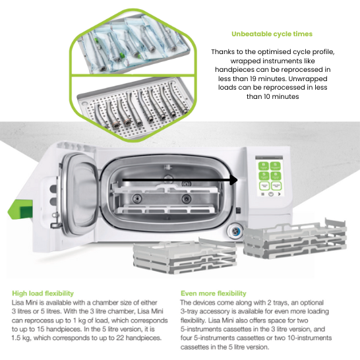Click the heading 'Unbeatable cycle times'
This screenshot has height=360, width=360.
(272, 34)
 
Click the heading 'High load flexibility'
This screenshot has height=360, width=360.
(43, 293)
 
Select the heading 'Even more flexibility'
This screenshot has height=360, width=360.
(213, 293)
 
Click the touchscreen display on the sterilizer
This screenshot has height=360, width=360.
(269, 176)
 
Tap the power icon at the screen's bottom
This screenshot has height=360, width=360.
(271, 194)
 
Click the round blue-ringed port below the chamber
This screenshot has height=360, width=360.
(235, 231)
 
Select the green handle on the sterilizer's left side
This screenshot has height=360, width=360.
(20, 210)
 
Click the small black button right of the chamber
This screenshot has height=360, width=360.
(239, 210)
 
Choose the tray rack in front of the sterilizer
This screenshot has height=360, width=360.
(185, 256)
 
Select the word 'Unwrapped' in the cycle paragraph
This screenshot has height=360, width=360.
(308, 78)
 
